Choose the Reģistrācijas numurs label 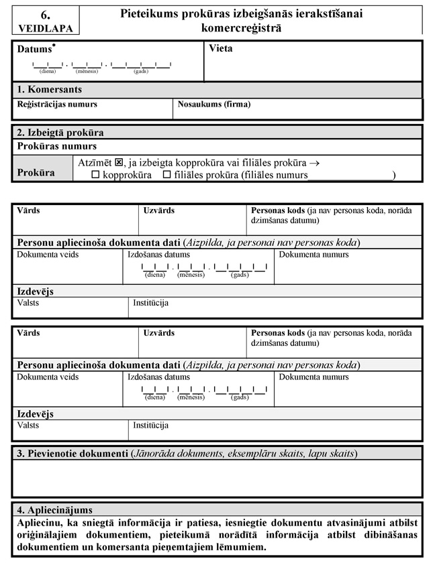point(57,105)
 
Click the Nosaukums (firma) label point(213,105)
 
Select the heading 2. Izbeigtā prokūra point(60,133)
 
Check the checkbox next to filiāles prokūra point(168,176)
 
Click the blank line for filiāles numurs point(350,176)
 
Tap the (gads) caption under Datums point(141,71)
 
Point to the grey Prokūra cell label point(36,173)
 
